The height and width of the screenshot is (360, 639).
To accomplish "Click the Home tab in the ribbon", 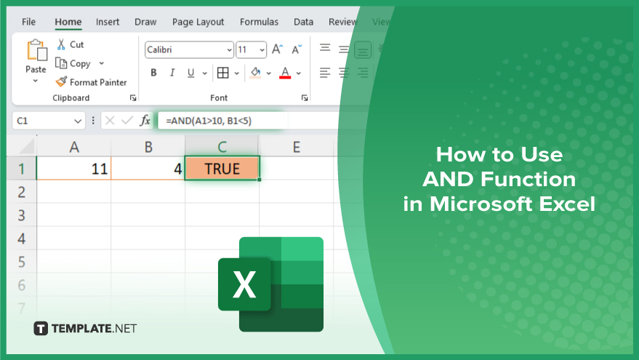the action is point(68,22).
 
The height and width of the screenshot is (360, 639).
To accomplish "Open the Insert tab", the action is point(108,22).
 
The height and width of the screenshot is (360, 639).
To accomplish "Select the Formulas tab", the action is point(259,22).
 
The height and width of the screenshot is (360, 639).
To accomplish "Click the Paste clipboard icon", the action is point(36,50).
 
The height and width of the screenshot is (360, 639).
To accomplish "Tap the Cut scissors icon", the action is point(61,44).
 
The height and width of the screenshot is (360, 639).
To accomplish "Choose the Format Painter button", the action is point(92,82).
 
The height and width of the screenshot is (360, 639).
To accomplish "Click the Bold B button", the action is point(153,73).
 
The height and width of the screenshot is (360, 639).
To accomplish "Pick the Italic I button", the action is point(172,73).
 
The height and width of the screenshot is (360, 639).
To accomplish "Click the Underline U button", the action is point(190,73).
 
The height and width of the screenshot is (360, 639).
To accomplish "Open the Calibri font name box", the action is point(189,49).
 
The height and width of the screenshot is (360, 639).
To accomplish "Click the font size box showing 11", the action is point(251,49).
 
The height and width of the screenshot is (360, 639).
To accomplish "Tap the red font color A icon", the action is point(285,73).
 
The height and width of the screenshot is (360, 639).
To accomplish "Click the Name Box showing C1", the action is point(49,121).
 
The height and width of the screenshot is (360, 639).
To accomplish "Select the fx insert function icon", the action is point(145,121).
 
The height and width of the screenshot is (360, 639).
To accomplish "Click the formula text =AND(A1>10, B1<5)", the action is point(209,121).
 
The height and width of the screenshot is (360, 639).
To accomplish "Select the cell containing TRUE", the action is point(222,169).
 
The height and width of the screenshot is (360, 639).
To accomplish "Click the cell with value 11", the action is point(73,169).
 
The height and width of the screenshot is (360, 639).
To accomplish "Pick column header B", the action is point(148,147).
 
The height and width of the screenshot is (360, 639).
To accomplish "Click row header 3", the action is point(22,215).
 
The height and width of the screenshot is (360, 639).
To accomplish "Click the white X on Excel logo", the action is point(244,284).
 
